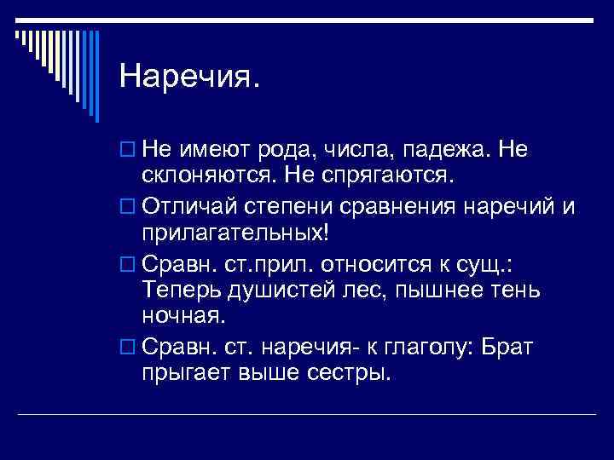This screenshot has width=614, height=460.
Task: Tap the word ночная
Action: (x=183, y=317)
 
